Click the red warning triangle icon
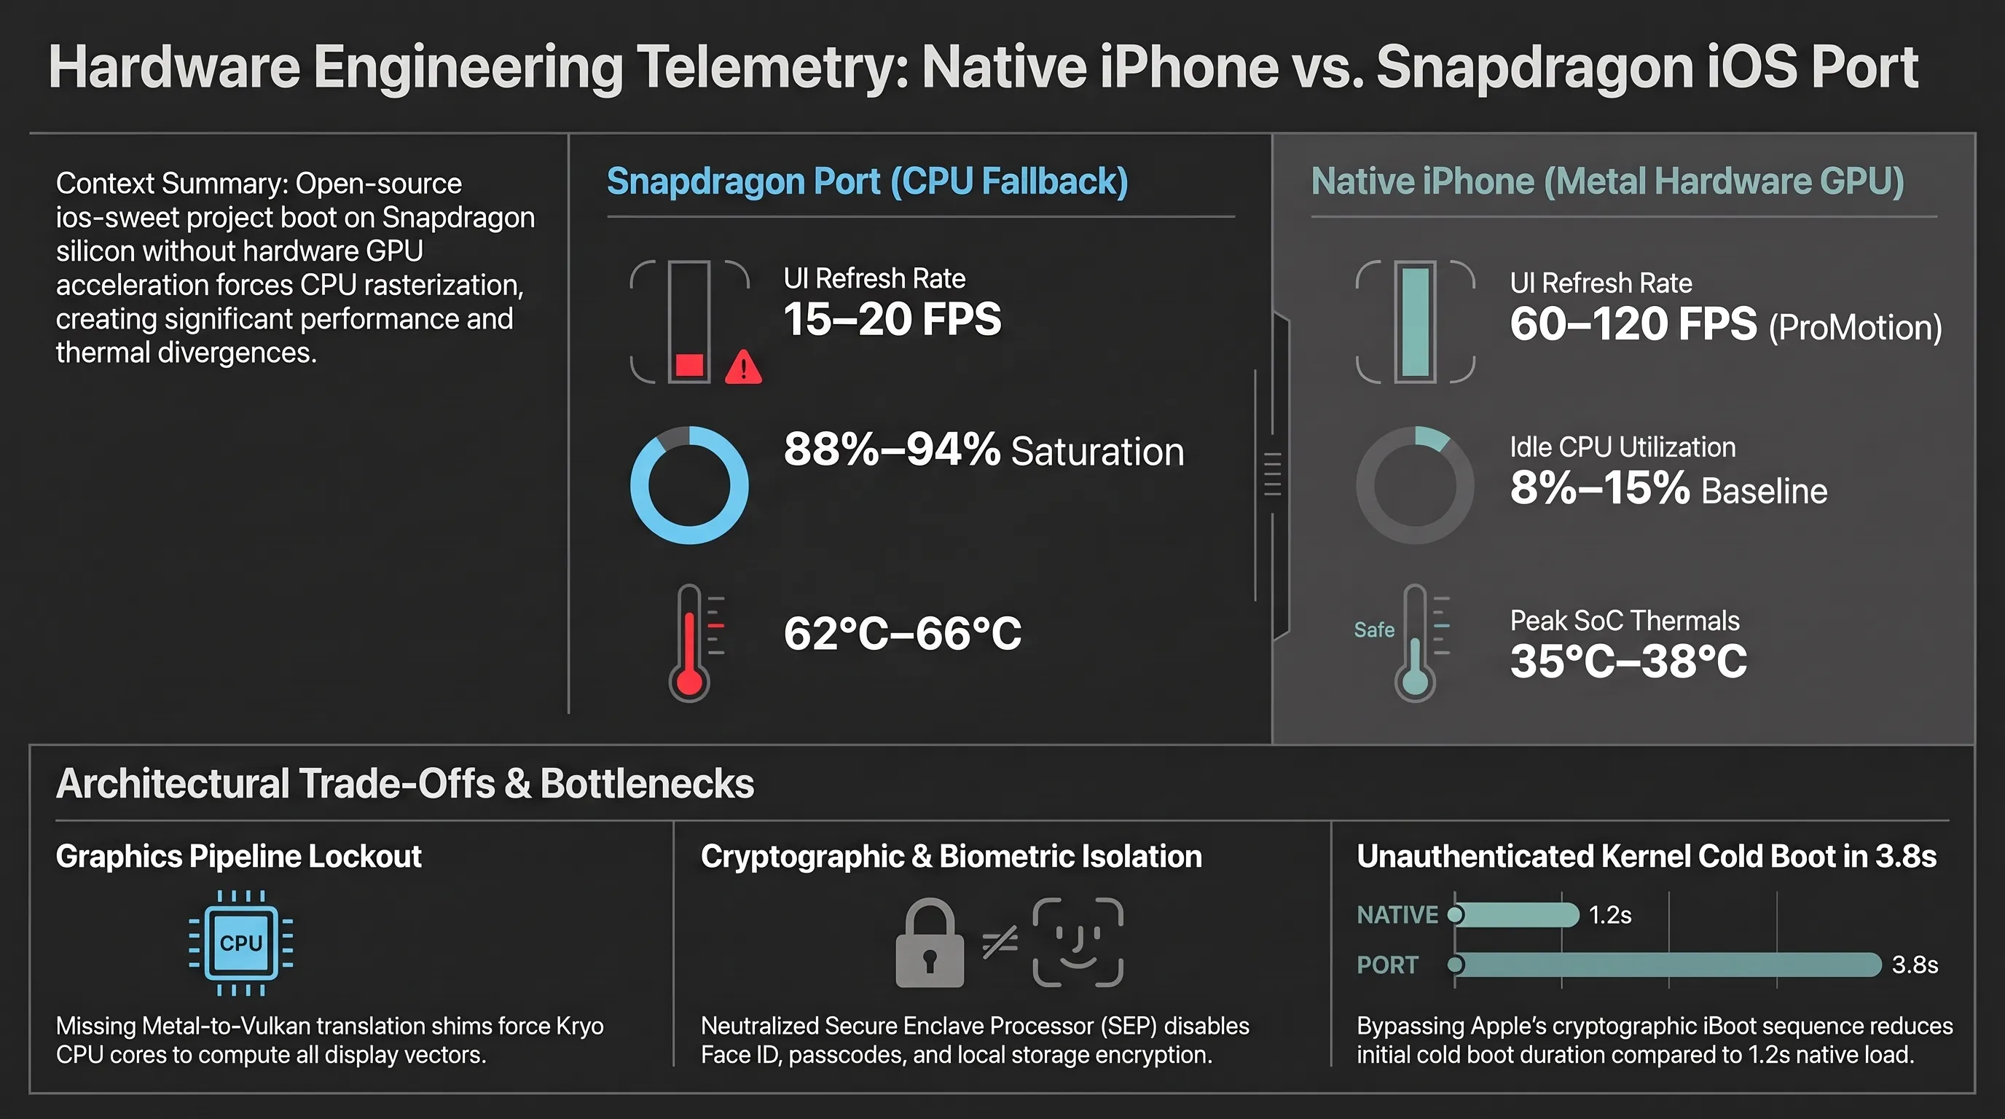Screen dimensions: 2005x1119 click(743, 367)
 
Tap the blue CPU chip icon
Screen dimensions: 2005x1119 click(241, 943)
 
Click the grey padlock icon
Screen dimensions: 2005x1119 click(930, 943)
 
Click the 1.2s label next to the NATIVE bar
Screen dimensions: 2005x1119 click(1609, 914)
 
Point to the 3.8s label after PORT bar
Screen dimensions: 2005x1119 click(1915, 965)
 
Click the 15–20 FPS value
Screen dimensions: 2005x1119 click(892, 319)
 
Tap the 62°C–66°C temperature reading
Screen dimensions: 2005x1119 click(902, 633)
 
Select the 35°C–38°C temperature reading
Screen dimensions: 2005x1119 click(1628, 661)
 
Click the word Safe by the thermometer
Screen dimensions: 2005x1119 click(1374, 629)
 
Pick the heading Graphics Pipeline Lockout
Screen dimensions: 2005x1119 click(238, 857)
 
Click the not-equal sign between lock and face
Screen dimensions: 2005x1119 click(1000, 943)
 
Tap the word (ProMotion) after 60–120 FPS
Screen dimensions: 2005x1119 click(1856, 328)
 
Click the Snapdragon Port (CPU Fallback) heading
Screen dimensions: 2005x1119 click(867, 181)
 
